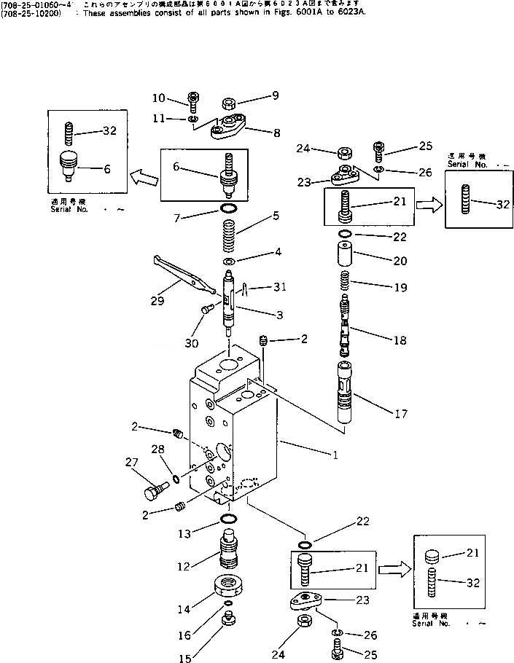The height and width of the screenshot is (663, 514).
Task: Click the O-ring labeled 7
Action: point(228,211)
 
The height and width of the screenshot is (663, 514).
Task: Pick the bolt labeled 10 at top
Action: point(193,101)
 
